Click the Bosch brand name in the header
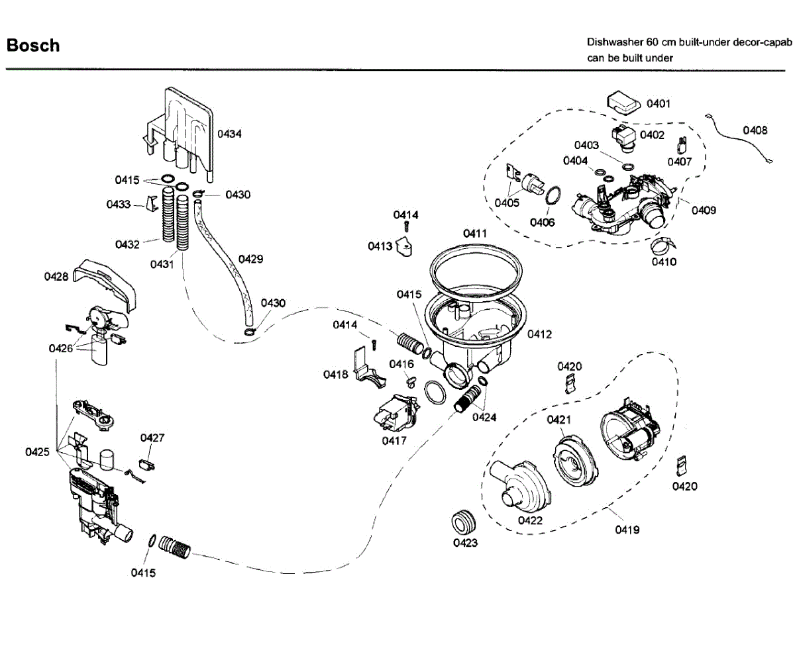pyautogui.click(x=33, y=45)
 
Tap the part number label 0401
pyautogui.click(x=659, y=103)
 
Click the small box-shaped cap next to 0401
pyautogui.click(x=623, y=103)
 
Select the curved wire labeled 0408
pyautogui.click(x=739, y=138)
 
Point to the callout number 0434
pyautogui.click(x=229, y=134)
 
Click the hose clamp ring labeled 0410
pyautogui.click(x=663, y=246)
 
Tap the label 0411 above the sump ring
pyautogui.click(x=475, y=234)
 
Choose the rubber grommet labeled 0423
pyautogui.click(x=463, y=522)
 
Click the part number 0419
pyautogui.click(x=627, y=530)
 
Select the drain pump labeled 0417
pyautogui.click(x=396, y=412)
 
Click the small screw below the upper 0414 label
pyautogui.click(x=406, y=226)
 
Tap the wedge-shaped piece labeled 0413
pyautogui.click(x=405, y=246)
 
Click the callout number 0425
pyautogui.click(x=37, y=452)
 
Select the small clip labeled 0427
pyautogui.click(x=146, y=465)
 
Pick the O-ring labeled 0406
pyautogui.click(x=553, y=195)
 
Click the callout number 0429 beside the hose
pyautogui.click(x=250, y=259)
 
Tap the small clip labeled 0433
pyautogui.click(x=152, y=203)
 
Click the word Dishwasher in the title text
pyautogui.click(x=614, y=42)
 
